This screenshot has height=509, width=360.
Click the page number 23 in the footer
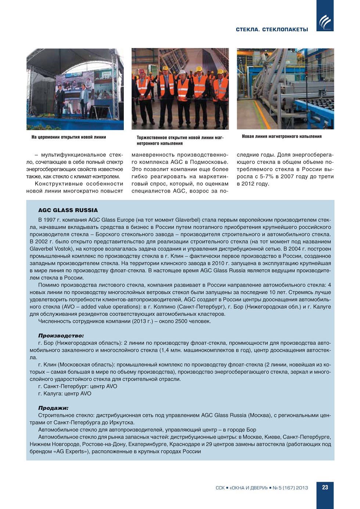(325, 487)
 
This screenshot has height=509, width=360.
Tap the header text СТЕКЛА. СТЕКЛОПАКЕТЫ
(272, 29)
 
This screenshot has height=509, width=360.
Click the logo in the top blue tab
(325, 22)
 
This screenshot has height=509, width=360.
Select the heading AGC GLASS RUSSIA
(68, 210)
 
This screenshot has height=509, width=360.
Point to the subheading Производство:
(61, 336)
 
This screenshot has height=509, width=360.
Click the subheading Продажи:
(53, 408)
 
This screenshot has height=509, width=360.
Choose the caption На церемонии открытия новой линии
(69, 137)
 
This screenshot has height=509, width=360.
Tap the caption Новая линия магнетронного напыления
(282, 136)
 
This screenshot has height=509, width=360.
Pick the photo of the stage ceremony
(75, 89)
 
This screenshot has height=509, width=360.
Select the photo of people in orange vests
(180, 89)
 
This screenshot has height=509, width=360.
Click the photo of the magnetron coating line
(285, 89)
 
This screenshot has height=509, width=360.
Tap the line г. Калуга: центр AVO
(65, 394)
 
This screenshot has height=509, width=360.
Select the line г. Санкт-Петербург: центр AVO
(78, 386)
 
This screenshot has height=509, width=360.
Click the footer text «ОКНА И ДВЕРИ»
(249, 488)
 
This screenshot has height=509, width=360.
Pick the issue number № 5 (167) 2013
(290, 488)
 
